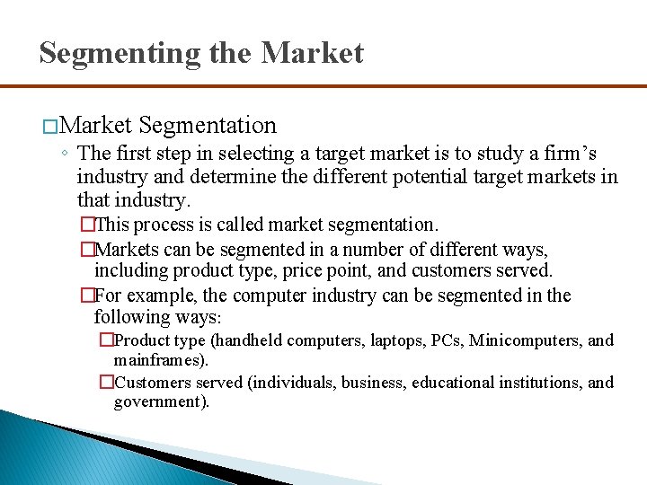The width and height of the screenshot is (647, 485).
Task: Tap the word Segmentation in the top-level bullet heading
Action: [208, 125]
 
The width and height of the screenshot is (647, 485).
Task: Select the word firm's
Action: [564, 154]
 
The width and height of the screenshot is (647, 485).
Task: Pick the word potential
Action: [375, 176]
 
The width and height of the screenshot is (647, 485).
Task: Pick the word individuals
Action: [293, 383]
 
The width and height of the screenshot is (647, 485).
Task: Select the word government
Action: [159, 402]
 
